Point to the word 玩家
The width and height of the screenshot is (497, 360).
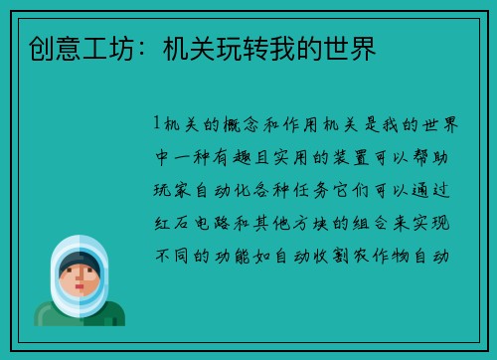pos(171,189)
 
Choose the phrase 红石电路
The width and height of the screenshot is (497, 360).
pos(193,222)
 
